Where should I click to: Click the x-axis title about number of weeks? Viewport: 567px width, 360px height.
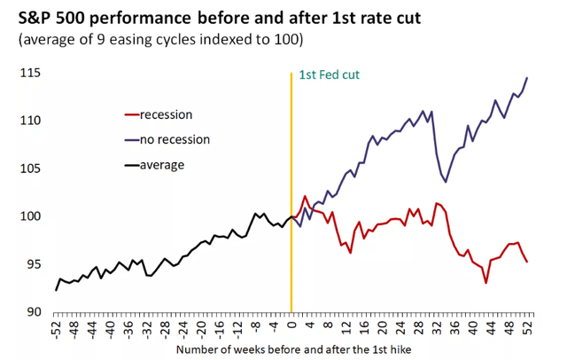(292, 350)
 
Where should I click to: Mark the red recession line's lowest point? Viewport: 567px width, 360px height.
(486, 283)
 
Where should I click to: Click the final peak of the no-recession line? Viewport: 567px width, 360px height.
(528, 77)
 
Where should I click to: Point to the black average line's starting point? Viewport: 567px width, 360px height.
(56, 290)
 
